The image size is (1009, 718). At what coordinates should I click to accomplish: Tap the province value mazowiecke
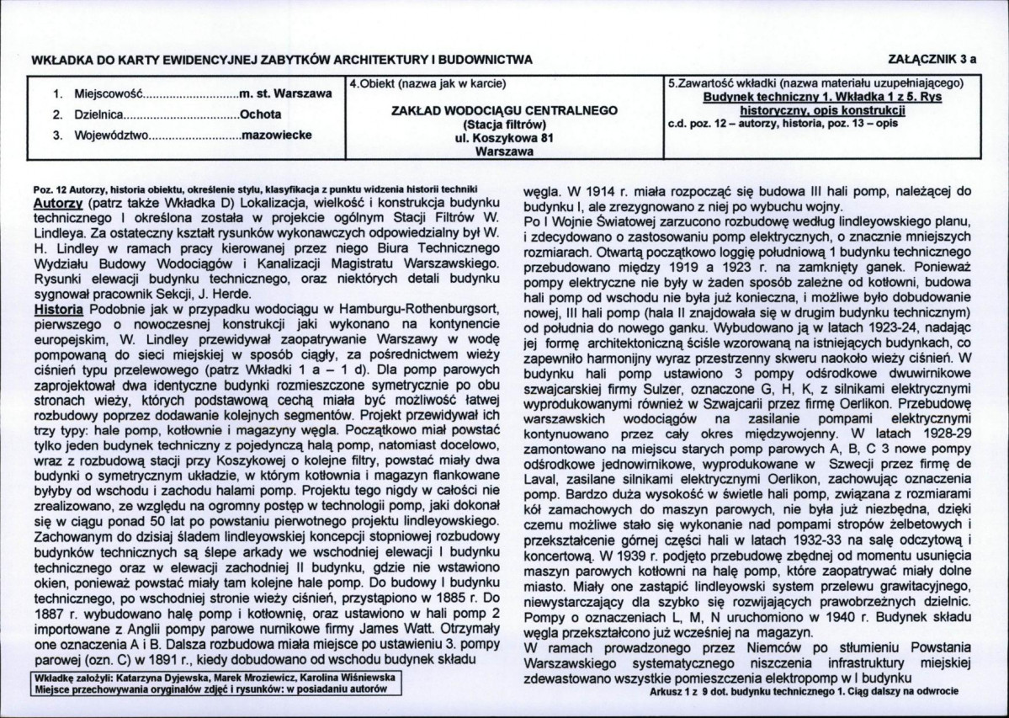coord(276,134)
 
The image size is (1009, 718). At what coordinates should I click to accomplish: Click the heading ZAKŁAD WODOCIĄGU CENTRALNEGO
coord(505,110)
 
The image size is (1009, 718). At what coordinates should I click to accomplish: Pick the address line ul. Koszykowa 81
coord(505,139)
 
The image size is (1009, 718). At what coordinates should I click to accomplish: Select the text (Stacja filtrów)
coord(505,125)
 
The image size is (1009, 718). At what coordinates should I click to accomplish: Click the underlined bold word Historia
coord(58,310)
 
